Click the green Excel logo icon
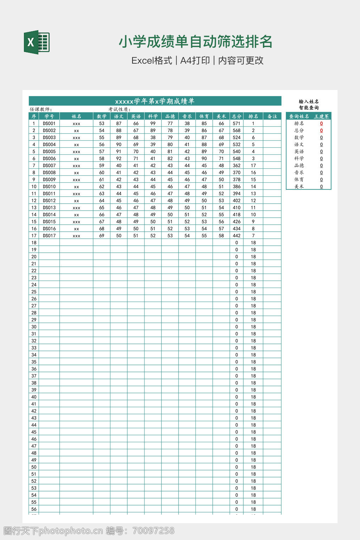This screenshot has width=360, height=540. [37, 43]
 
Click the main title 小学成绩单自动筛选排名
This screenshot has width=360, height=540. [195, 42]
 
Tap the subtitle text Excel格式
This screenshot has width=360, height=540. [152, 60]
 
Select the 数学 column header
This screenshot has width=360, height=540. [102, 116]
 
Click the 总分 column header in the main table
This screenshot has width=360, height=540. [237, 116]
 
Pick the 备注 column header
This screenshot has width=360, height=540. [272, 116]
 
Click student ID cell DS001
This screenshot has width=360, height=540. [49, 123]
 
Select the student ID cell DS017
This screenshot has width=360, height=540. [49, 236]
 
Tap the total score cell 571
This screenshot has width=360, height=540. [237, 123]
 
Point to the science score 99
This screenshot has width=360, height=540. [153, 123]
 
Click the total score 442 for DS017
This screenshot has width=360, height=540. [237, 236]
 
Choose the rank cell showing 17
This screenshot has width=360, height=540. [253, 165]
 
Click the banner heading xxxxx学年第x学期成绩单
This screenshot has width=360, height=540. [155, 101]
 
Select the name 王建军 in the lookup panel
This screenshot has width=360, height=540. [321, 116]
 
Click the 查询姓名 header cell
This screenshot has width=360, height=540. [299, 116]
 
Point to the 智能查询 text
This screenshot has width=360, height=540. [309, 108]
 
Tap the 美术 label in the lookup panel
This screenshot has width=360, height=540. [299, 186]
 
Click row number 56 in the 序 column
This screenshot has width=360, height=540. [34, 509]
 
